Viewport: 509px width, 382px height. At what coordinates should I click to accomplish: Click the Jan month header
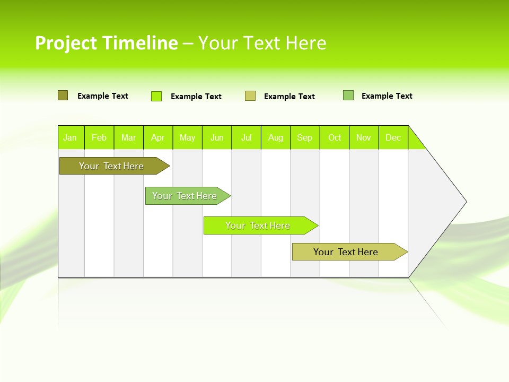pyautogui.click(x=70, y=137)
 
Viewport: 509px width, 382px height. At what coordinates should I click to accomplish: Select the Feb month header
pyautogui.click(x=99, y=137)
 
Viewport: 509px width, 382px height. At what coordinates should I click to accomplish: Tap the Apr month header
pyautogui.click(x=158, y=137)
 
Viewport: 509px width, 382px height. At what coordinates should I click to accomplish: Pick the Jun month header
pyautogui.click(x=217, y=137)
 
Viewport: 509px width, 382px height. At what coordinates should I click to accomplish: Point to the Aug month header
pyautogui.click(x=276, y=137)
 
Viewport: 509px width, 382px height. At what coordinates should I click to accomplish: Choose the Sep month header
pyautogui.click(x=305, y=137)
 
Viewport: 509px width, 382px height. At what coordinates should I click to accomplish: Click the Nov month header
pyautogui.click(x=364, y=137)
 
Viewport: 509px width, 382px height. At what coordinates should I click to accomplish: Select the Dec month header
pyautogui.click(x=393, y=137)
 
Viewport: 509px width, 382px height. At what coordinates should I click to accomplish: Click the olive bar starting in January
pyautogui.click(x=112, y=166)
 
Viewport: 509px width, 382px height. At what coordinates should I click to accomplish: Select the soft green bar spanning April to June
pyautogui.click(x=185, y=196)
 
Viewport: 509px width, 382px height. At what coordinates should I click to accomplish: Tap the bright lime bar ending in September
pyautogui.click(x=258, y=225)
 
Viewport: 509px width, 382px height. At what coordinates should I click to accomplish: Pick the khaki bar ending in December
pyautogui.click(x=346, y=252)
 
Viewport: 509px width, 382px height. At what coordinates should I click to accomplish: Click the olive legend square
pyautogui.click(x=63, y=95)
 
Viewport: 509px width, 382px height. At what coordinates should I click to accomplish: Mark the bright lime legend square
pyautogui.click(x=156, y=96)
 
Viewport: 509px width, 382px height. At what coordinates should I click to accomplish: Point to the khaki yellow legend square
pyautogui.click(x=250, y=96)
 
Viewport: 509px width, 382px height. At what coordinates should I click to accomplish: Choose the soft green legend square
pyautogui.click(x=348, y=95)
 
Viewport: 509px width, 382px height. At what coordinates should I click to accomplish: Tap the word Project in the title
pyautogui.click(x=66, y=43)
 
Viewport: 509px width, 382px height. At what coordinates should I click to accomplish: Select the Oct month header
pyautogui.click(x=335, y=137)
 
